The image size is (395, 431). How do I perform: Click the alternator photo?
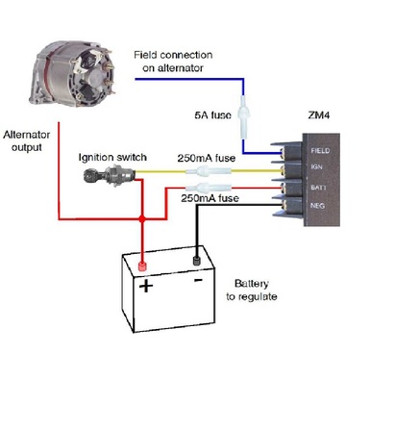[72, 74]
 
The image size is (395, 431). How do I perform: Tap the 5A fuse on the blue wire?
[244, 117]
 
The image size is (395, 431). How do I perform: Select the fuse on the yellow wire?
[209, 171]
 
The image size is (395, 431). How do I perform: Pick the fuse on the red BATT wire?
[209, 188]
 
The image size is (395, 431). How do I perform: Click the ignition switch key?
[109, 175]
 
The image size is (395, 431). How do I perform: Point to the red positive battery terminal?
[142, 266]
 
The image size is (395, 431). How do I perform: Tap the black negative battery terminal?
[197, 261]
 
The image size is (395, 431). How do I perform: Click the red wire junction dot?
[142, 219]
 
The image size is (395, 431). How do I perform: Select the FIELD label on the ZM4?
[320, 150]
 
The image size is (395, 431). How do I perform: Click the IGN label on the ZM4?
[316, 166]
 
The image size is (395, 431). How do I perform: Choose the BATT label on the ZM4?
[318, 188]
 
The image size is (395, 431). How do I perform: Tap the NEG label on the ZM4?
[317, 206]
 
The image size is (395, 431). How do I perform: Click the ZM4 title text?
[319, 114]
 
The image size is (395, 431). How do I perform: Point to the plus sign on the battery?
[146, 286]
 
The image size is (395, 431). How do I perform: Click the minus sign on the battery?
[198, 281]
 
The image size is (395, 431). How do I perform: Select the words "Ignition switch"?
[112, 158]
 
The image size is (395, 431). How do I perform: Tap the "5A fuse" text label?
[212, 114]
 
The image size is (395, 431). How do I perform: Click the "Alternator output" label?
[27, 140]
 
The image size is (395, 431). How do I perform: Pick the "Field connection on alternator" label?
[173, 62]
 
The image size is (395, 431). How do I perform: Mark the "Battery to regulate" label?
[252, 290]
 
